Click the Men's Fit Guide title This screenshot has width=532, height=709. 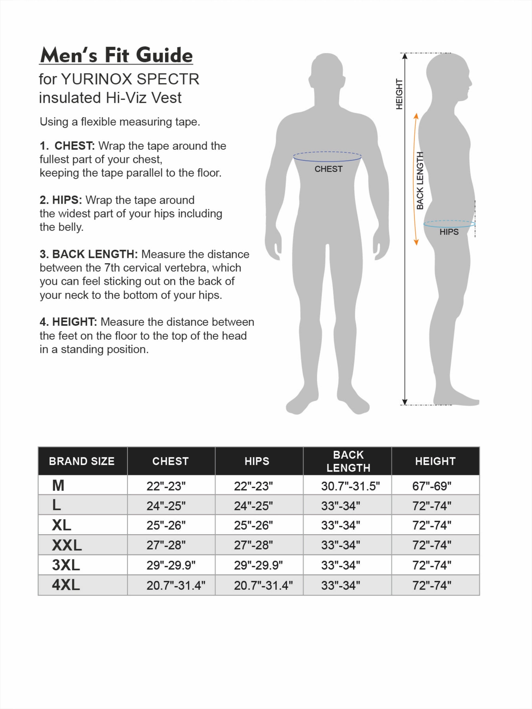click(x=116, y=55)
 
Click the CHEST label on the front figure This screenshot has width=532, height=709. click(x=328, y=169)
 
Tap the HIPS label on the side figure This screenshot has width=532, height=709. click(x=449, y=232)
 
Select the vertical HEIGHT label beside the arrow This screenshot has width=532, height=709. click(x=399, y=94)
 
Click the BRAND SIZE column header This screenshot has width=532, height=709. click(x=82, y=461)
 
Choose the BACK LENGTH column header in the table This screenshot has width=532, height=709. click(x=348, y=461)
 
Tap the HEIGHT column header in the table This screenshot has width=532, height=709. click(x=435, y=461)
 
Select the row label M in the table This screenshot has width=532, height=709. click(x=58, y=485)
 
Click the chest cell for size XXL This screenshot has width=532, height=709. click(x=166, y=545)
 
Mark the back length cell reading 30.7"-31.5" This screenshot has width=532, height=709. click(x=350, y=486)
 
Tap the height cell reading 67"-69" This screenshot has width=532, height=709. click(x=432, y=486)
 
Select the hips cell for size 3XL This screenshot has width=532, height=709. click(x=258, y=565)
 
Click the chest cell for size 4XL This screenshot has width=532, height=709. click(x=176, y=585)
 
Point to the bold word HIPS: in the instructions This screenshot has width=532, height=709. click(x=67, y=200)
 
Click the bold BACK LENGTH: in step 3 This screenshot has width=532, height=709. click(x=95, y=254)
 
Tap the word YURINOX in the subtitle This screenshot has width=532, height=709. click(x=97, y=79)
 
